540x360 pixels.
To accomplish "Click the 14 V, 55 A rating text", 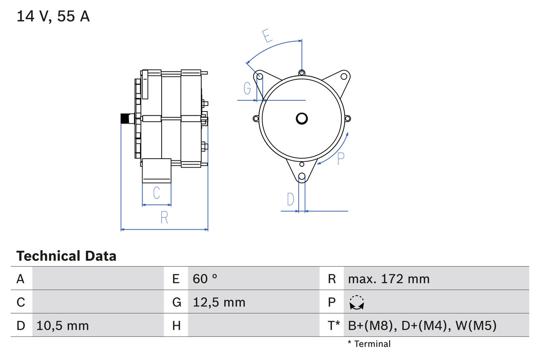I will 53,16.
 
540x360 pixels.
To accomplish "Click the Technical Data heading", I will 66,256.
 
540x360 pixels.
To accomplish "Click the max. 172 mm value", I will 389,279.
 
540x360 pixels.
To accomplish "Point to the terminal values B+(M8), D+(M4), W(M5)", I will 422,325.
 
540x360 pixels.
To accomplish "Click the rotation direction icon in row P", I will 357,303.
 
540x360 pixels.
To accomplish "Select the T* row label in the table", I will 334,325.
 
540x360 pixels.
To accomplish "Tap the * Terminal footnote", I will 369,344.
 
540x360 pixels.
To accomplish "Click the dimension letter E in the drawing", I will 266,36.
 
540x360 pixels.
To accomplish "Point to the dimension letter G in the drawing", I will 248,89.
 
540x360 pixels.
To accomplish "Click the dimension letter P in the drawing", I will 341,158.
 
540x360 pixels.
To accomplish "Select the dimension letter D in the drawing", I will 291,199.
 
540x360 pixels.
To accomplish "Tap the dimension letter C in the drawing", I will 157,193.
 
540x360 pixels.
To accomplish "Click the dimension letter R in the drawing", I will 164,217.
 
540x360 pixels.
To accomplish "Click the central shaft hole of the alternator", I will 302,119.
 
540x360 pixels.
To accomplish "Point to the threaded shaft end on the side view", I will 125,119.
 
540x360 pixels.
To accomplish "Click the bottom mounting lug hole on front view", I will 302,177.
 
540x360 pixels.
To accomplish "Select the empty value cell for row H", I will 253,325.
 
